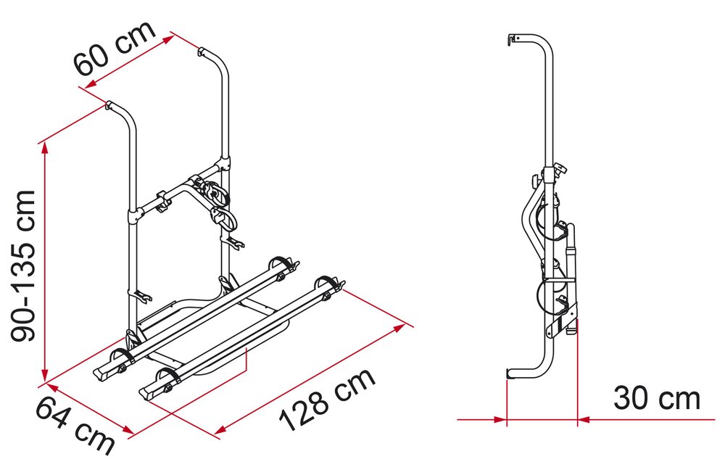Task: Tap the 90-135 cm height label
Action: pyautogui.click(x=23, y=266)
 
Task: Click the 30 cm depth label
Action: pyautogui.click(x=657, y=398)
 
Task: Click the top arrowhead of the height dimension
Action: pyautogui.click(x=44, y=148)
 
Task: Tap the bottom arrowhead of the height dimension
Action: pyautogui.click(x=44, y=376)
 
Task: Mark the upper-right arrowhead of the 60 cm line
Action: pyautogui.click(x=169, y=39)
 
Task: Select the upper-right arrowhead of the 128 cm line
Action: pyautogui.click(x=399, y=328)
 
